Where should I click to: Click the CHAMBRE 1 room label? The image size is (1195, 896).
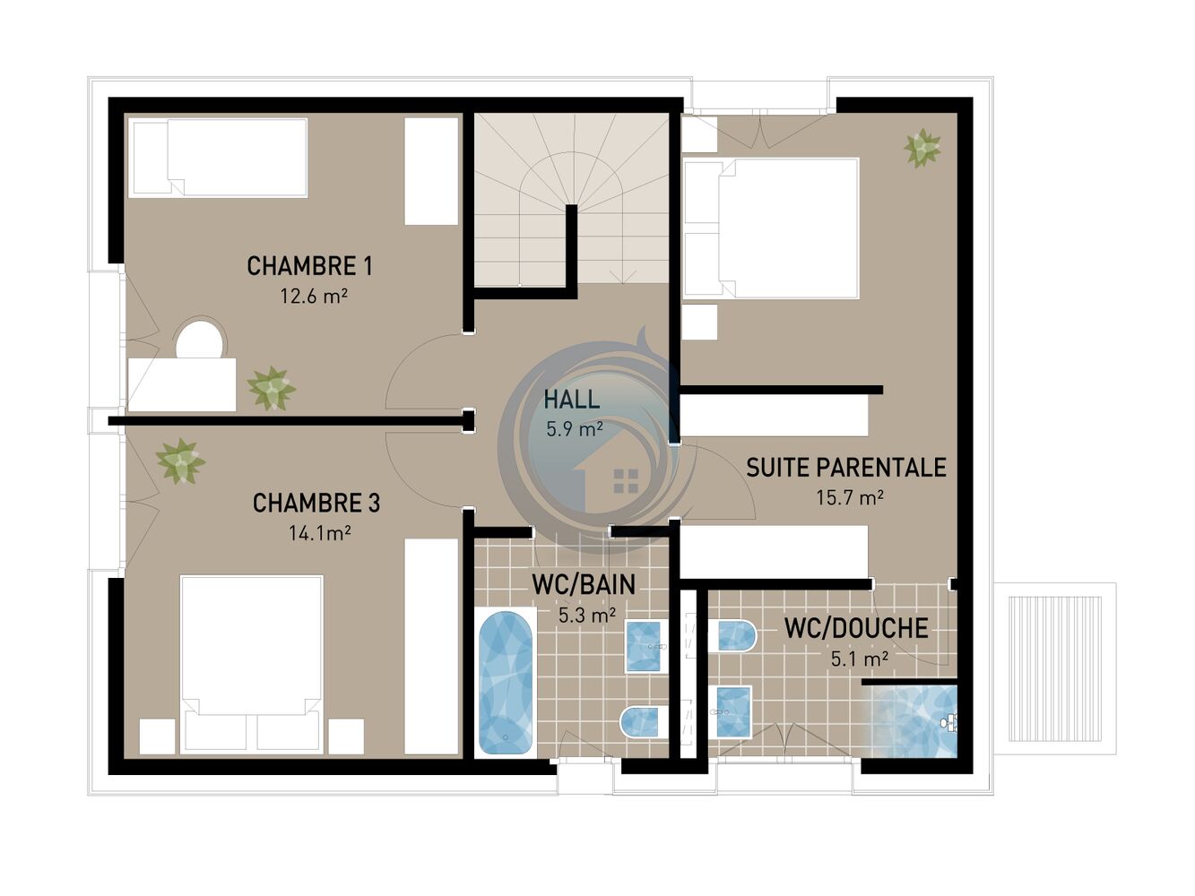tap(309, 266)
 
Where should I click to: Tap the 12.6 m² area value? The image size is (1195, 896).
tap(314, 296)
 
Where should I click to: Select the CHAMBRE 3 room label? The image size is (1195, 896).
tap(316, 504)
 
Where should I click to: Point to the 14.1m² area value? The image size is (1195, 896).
tap(319, 532)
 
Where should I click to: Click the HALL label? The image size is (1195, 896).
tap(572, 400)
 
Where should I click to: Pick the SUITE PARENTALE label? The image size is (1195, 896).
tap(846, 468)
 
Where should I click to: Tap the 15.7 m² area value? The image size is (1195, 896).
tap(849, 497)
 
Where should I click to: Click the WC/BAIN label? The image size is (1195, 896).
tap(584, 585)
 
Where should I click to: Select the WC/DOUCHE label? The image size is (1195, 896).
tap(856, 628)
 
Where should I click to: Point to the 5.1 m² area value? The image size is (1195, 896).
tap(860, 659)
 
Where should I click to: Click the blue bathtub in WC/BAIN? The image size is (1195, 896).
tap(506, 684)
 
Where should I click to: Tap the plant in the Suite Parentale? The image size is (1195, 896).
tap(922, 148)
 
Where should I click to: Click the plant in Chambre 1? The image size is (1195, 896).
tap(271, 389)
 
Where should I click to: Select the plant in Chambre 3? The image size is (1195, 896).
tap(180, 461)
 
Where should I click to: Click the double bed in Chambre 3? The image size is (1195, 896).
tap(252, 664)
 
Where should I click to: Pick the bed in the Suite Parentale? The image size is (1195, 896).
tap(771, 228)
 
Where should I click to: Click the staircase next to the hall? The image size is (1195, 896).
tap(572, 199)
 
